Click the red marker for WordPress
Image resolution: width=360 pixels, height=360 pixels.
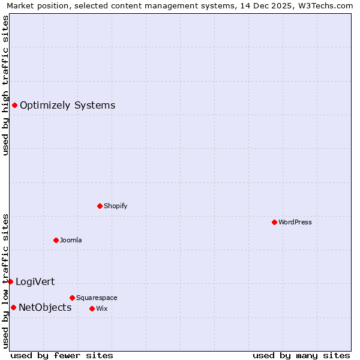point(274,222)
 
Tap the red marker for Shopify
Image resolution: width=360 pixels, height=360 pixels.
point(100,206)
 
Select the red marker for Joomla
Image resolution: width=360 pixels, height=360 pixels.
point(56,240)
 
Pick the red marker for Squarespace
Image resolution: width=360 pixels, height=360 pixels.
point(72,298)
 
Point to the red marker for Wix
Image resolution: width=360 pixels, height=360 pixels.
point(92,308)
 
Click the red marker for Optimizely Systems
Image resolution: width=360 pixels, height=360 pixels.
point(14,106)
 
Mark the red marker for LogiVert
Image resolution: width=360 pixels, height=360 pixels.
point(10,281)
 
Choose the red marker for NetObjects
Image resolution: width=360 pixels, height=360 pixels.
point(13,308)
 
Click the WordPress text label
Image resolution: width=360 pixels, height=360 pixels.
point(295,222)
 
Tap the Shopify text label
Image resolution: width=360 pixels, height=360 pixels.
point(116,206)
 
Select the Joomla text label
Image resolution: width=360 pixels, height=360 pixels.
point(71,240)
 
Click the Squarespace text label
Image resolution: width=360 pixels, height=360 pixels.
point(97,298)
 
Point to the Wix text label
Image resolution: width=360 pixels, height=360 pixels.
point(101,308)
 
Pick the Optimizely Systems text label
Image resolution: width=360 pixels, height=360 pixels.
point(67,106)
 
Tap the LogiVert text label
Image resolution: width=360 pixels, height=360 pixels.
point(35,281)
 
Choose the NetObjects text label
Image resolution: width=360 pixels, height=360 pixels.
point(45,308)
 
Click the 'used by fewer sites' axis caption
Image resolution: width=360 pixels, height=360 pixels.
point(62,355)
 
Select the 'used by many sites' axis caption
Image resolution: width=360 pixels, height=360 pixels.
point(301,355)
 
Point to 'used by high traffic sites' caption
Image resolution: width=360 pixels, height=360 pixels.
point(6,85)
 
